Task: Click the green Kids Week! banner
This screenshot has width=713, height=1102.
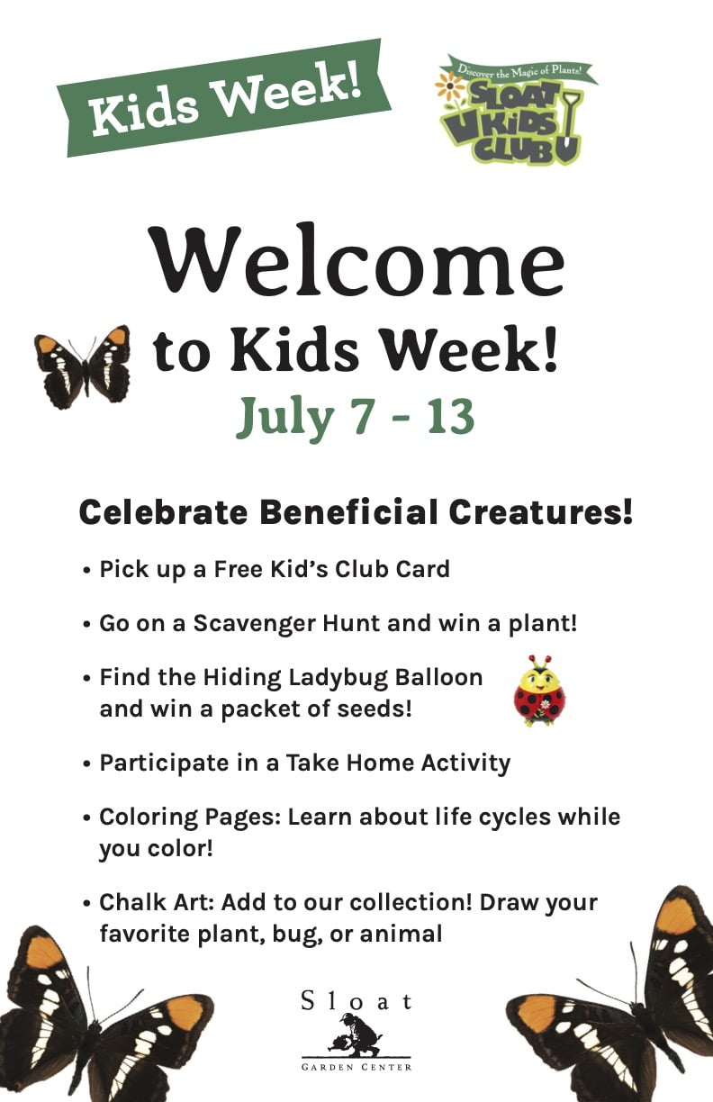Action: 224,98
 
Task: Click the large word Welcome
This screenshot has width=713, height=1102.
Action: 358,261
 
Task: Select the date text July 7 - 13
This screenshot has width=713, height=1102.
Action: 356,417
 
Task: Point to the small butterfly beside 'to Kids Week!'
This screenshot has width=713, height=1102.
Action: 83,366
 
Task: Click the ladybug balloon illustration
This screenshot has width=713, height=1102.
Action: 539,691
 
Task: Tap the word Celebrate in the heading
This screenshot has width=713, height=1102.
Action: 163,512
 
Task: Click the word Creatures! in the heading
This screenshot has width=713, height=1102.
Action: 540,512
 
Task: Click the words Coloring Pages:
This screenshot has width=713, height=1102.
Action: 190,817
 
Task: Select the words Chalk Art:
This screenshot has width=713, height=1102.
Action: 157,903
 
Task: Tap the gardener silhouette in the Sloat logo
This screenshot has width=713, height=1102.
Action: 356,1034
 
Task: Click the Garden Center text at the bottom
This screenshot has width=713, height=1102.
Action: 356,1067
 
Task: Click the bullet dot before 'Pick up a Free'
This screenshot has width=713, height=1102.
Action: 87,571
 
